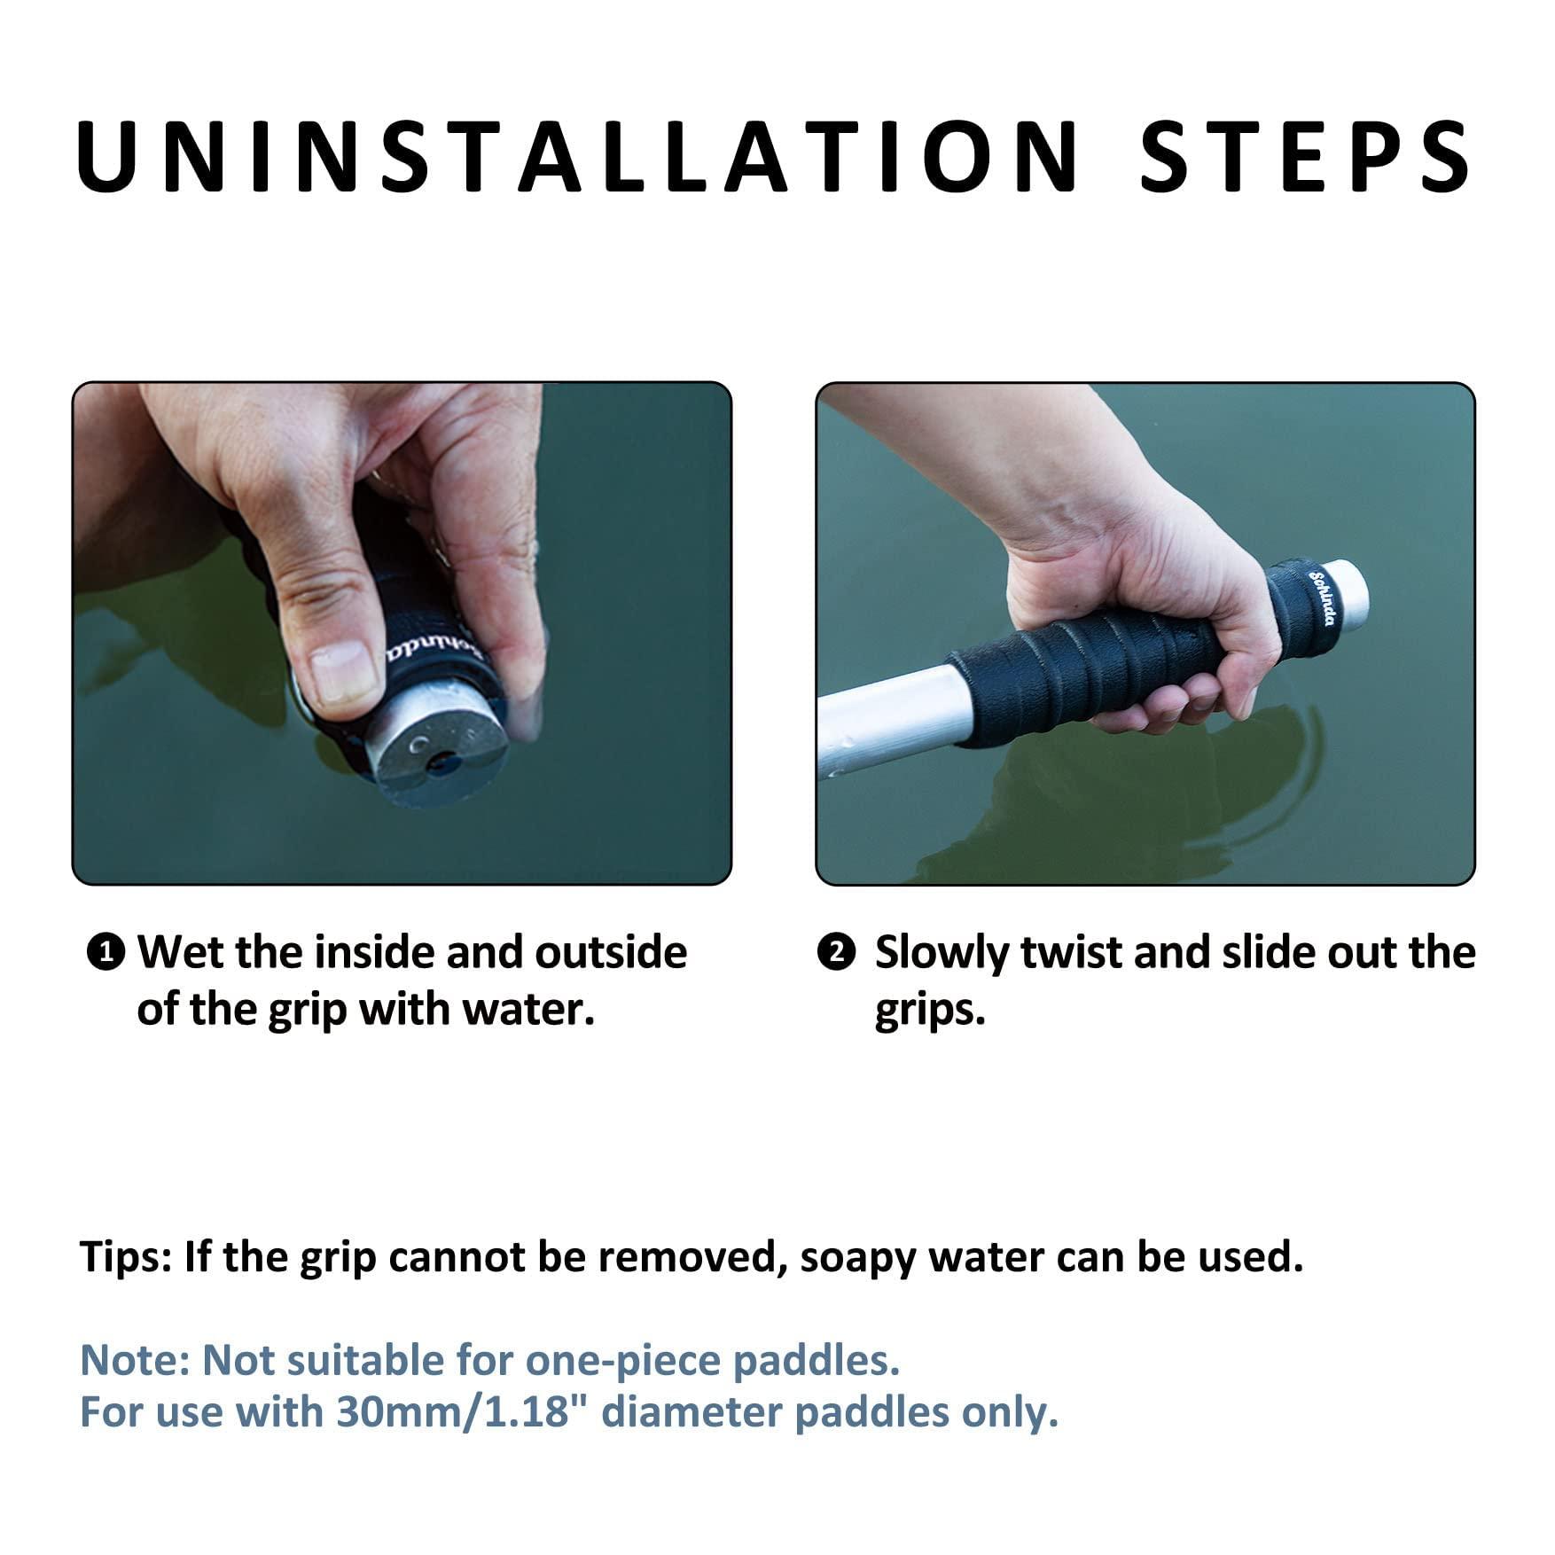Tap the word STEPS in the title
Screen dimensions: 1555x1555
[1304, 157]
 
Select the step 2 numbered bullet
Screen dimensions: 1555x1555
[835, 953]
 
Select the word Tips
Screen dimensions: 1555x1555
[125, 1258]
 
